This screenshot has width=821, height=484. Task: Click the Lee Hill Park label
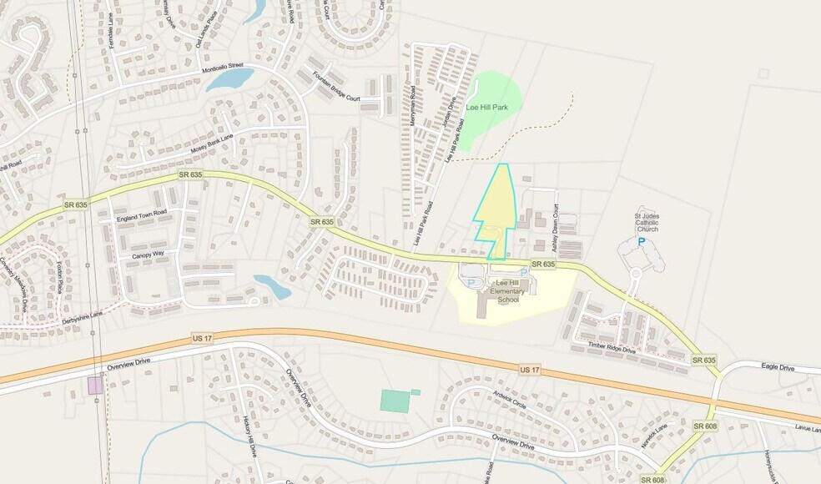[x=487, y=108]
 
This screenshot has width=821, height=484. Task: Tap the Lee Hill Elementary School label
[x=510, y=291]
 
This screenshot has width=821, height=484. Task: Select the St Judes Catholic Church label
[x=647, y=223]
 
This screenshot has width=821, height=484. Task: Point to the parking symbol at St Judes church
[x=641, y=242]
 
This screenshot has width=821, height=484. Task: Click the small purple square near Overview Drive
[x=95, y=385]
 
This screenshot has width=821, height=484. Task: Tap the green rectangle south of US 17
[x=395, y=401]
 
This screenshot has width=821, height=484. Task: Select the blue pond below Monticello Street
[x=230, y=80]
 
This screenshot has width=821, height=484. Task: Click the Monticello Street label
[x=223, y=68]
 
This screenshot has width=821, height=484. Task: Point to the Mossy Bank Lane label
[x=211, y=143]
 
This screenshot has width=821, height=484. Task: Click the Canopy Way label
[x=148, y=254]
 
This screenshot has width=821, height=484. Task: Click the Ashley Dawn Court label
[x=555, y=228]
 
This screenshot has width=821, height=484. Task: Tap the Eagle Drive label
[x=778, y=367]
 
